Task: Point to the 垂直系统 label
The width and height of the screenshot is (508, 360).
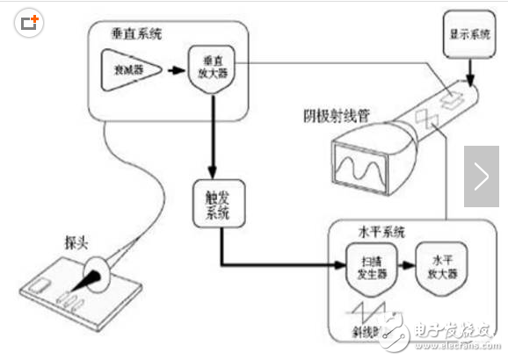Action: coord(138,33)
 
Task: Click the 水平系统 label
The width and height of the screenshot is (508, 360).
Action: coord(380,233)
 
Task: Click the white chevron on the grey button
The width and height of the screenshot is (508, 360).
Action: coord(481,176)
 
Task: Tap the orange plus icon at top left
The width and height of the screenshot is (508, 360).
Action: coord(30,21)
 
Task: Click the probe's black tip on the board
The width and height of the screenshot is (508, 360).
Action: coord(92,283)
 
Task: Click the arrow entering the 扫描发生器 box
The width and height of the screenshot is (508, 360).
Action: coord(321,263)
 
